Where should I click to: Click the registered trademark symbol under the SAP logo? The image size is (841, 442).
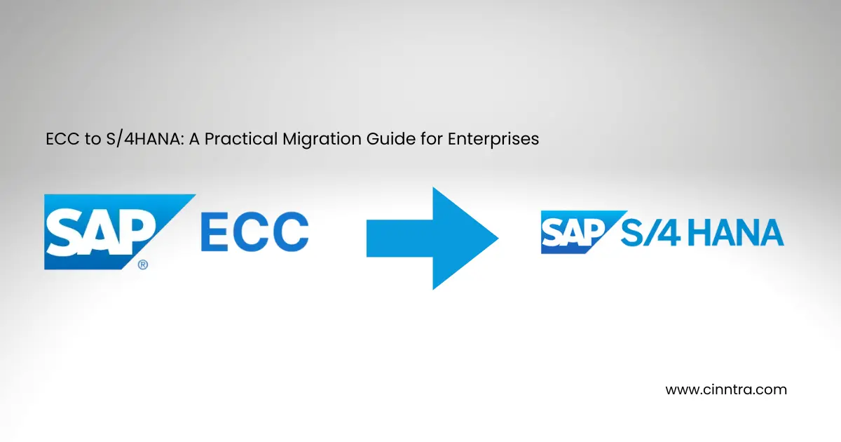click(142, 264)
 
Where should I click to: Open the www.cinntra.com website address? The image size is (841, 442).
click(725, 389)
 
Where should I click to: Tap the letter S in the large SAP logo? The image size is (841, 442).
click(64, 233)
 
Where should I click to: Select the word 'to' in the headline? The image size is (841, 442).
click(86, 139)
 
